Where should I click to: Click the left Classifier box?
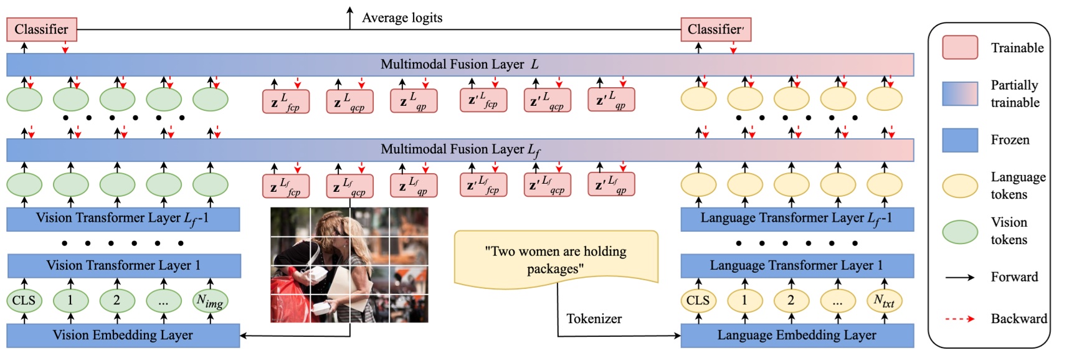pos(41,29)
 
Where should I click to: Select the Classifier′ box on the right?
pos(715,29)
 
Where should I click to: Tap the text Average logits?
pos(402,17)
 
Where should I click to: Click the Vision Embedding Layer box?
pos(123,335)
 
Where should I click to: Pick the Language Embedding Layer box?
pos(797,335)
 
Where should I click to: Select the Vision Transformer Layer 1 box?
pos(123,265)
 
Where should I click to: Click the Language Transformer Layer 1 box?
pos(797,265)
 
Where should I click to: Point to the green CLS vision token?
pos(24,300)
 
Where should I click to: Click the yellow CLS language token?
pos(698,300)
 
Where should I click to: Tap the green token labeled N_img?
pos(210,301)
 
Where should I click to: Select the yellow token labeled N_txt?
pos(884,301)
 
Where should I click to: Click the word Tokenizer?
pos(594,319)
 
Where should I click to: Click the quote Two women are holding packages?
pos(556,260)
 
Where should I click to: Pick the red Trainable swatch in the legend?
pos(959,48)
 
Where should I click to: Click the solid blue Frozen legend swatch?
pos(959,140)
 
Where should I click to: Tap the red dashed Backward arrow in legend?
pos(959,319)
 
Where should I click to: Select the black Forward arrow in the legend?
pos(959,277)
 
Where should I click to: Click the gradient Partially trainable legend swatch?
pos(959,93)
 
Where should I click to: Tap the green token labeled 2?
pos(116,300)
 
